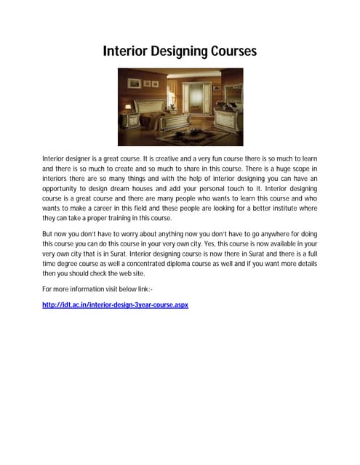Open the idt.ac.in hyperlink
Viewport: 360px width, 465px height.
[116, 305]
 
